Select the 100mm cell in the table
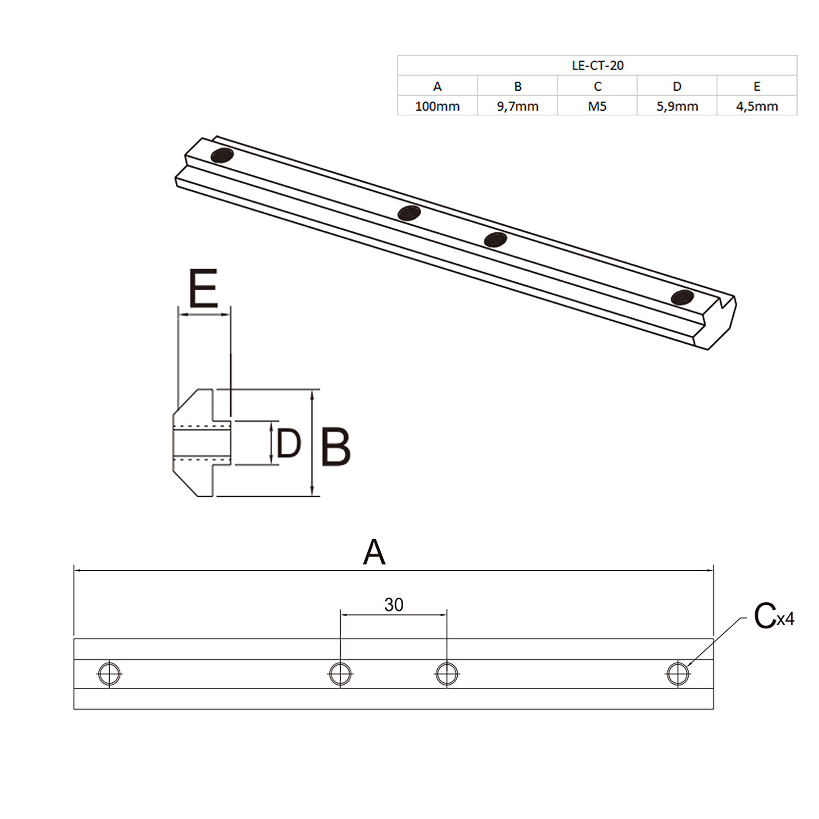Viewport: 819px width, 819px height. tap(437, 106)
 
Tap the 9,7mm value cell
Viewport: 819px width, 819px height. tap(517, 106)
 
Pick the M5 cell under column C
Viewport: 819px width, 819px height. tap(597, 106)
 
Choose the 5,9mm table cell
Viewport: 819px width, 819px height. tap(677, 106)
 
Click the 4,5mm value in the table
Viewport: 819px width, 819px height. tap(757, 106)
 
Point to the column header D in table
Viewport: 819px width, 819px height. tap(677, 86)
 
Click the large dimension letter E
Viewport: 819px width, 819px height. tap(203, 288)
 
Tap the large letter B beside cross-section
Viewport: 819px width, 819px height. tap(335, 447)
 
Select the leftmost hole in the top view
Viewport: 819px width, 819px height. tap(109, 674)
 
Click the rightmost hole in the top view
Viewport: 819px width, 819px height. tap(678, 674)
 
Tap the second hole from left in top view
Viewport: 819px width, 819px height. tap(340, 674)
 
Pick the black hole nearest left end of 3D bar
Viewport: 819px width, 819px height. tap(222, 156)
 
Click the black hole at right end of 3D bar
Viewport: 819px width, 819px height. tap(682, 297)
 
